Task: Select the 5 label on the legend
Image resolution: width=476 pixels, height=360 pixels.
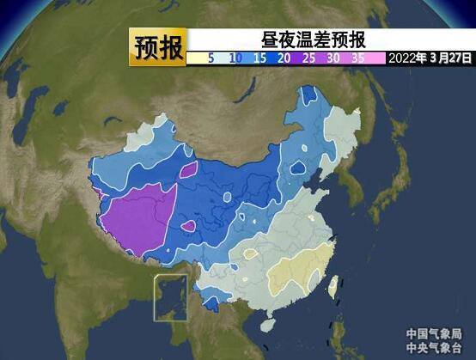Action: point(211,58)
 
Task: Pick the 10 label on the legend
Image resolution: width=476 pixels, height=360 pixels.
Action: point(235,58)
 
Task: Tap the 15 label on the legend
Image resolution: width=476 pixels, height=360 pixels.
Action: point(259,58)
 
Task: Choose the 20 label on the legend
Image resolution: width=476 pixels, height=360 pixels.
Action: point(284,58)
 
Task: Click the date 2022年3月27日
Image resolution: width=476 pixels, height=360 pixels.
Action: point(430,58)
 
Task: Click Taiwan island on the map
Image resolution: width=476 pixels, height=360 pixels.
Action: point(333,286)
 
